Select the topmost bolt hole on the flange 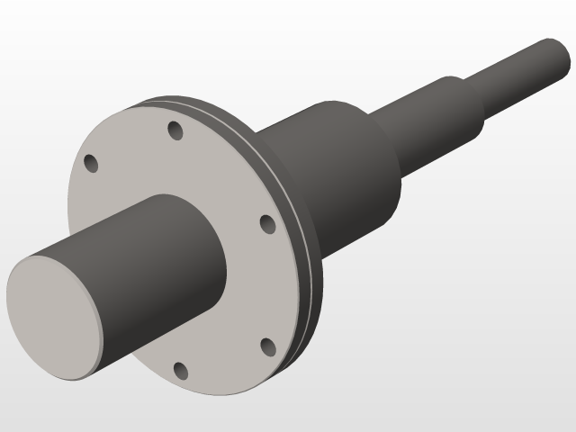175,131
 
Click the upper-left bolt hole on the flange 91,163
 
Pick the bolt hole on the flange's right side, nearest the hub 266,223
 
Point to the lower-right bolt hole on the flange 266,346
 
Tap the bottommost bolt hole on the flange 181,371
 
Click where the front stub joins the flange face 221,270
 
